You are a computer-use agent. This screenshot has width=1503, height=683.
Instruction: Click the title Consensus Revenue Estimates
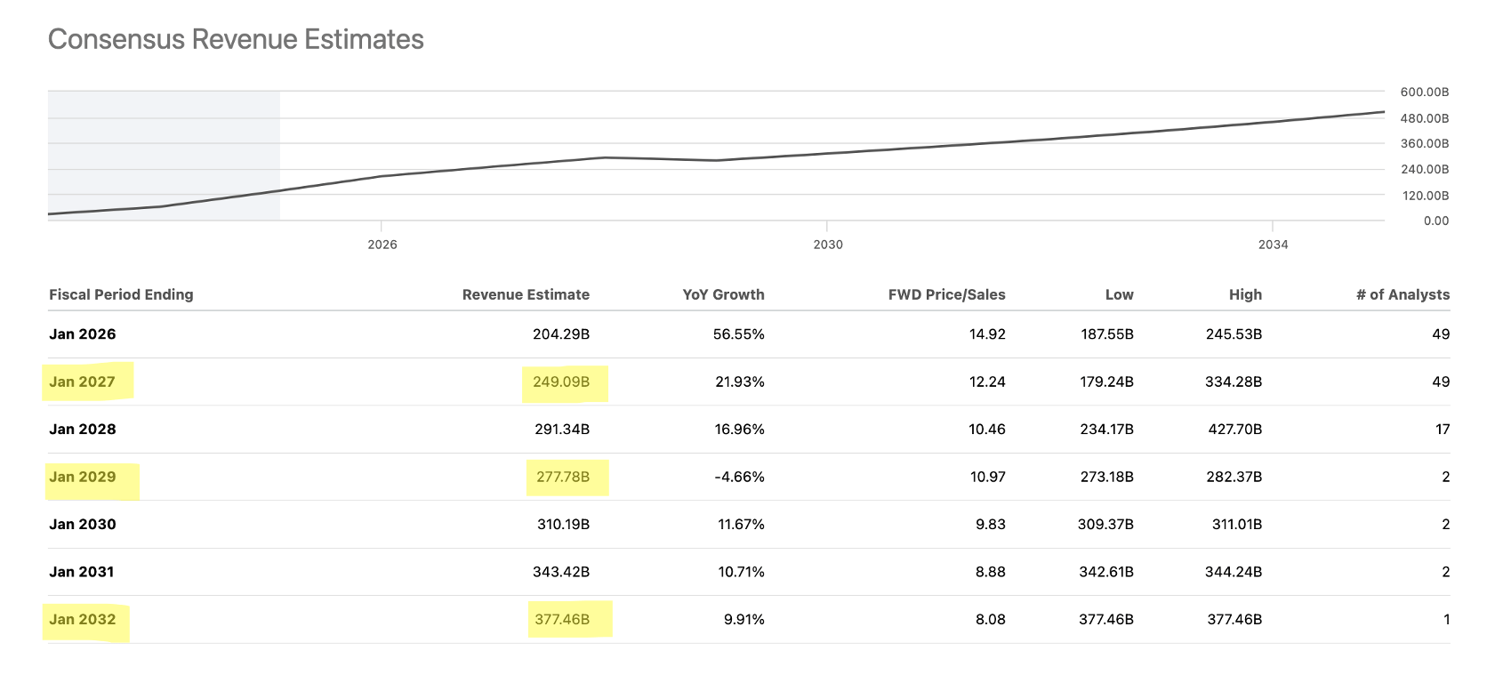(236, 39)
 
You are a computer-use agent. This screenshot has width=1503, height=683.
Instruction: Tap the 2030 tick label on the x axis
(827, 245)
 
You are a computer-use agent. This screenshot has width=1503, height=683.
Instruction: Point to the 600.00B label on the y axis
(1424, 92)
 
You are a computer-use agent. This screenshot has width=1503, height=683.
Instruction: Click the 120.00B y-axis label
(1424, 195)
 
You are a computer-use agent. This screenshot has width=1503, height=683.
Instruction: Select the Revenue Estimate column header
(526, 294)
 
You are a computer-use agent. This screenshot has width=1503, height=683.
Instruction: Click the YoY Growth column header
(723, 294)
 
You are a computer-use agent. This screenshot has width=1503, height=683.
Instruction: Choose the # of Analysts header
(1403, 294)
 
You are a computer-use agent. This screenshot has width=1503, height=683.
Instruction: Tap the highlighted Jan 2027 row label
(82, 382)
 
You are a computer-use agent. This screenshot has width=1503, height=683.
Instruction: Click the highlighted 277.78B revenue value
(563, 477)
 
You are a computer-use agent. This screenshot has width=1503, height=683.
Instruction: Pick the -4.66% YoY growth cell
(739, 477)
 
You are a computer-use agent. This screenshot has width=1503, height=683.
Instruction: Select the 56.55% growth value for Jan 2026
(738, 334)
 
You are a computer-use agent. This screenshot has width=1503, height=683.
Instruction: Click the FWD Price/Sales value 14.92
(987, 334)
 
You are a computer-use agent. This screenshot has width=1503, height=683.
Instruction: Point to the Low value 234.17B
(1106, 430)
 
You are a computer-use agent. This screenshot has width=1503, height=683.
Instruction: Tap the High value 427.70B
(1234, 430)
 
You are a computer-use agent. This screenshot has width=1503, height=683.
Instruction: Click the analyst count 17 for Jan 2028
(1442, 430)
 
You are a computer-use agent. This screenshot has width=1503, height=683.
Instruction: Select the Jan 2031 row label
(82, 572)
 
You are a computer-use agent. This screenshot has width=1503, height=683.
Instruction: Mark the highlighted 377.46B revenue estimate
(562, 619)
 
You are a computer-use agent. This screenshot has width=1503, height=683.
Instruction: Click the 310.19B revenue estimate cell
(563, 525)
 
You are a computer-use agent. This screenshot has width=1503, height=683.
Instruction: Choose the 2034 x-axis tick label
(1273, 245)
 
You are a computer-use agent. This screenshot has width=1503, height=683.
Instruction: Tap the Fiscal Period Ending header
(121, 294)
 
